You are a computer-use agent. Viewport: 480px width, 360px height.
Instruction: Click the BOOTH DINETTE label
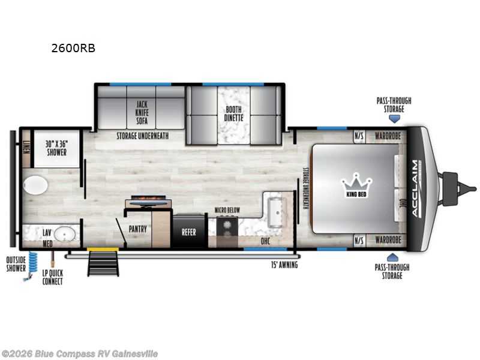[x=234, y=113]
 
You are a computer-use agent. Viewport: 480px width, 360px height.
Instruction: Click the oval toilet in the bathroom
[x=35, y=185]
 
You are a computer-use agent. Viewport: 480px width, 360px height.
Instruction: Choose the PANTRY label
[x=138, y=229]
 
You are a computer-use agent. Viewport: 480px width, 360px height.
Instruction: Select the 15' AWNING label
[x=284, y=264]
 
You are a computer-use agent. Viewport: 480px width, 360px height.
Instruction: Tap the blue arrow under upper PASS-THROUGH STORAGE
[x=394, y=119]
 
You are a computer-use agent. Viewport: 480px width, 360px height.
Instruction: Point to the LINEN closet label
[x=26, y=146]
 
